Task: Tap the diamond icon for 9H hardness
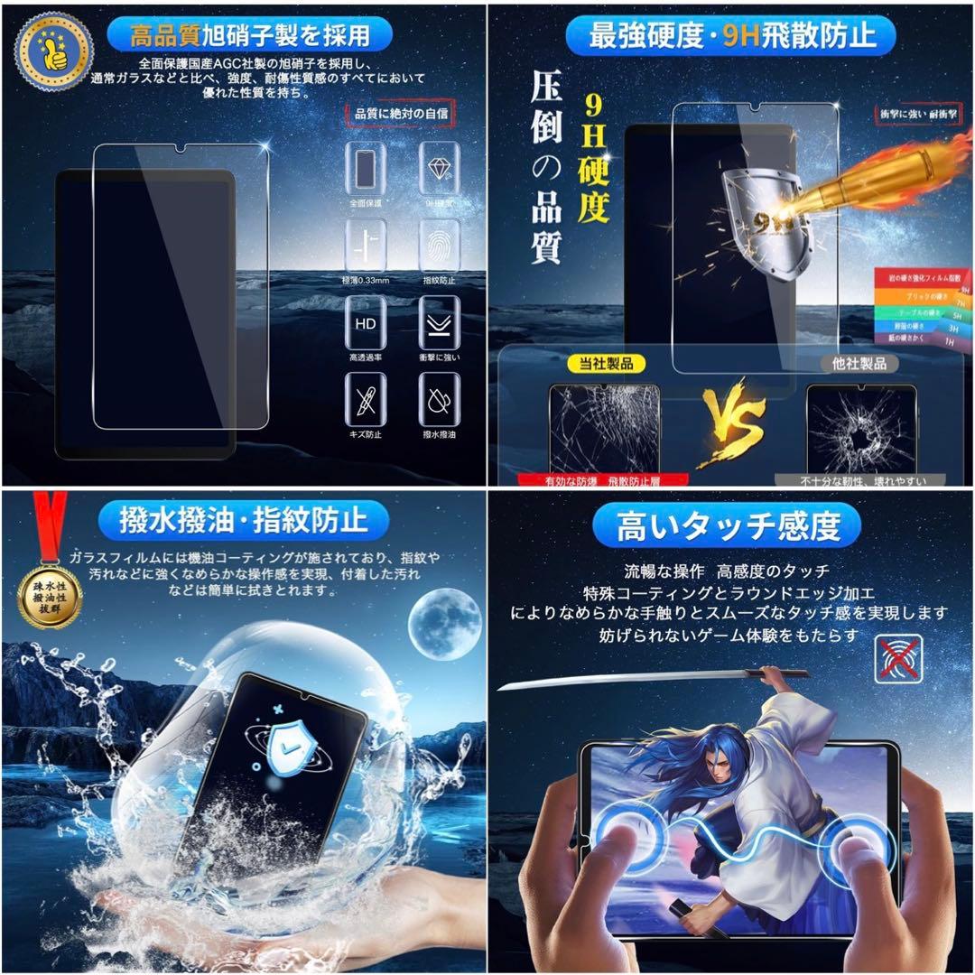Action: (x=440, y=169)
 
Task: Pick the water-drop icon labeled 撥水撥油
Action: (x=440, y=399)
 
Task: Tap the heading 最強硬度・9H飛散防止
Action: (x=731, y=36)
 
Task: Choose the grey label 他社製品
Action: (x=860, y=364)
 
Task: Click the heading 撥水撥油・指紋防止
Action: (x=244, y=521)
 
